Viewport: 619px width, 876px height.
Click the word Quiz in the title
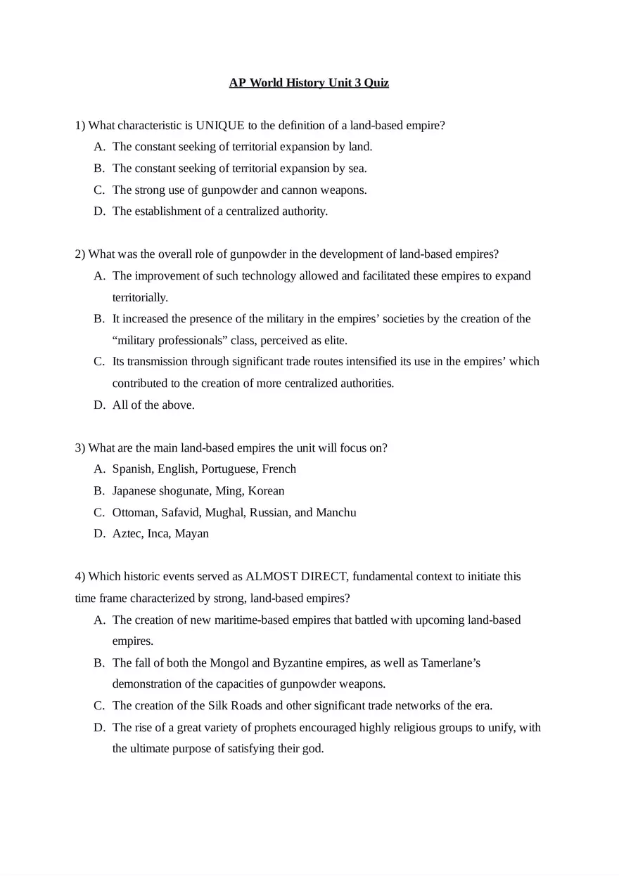(x=376, y=83)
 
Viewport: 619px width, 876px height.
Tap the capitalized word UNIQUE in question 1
(x=219, y=126)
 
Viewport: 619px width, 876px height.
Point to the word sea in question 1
(x=357, y=169)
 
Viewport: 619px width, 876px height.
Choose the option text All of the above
(x=153, y=405)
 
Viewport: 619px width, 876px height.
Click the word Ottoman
(x=134, y=513)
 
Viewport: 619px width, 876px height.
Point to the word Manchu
(x=336, y=513)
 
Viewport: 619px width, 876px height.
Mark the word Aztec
(x=127, y=534)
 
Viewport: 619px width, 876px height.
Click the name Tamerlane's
(x=451, y=663)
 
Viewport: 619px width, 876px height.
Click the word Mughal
(x=224, y=513)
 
